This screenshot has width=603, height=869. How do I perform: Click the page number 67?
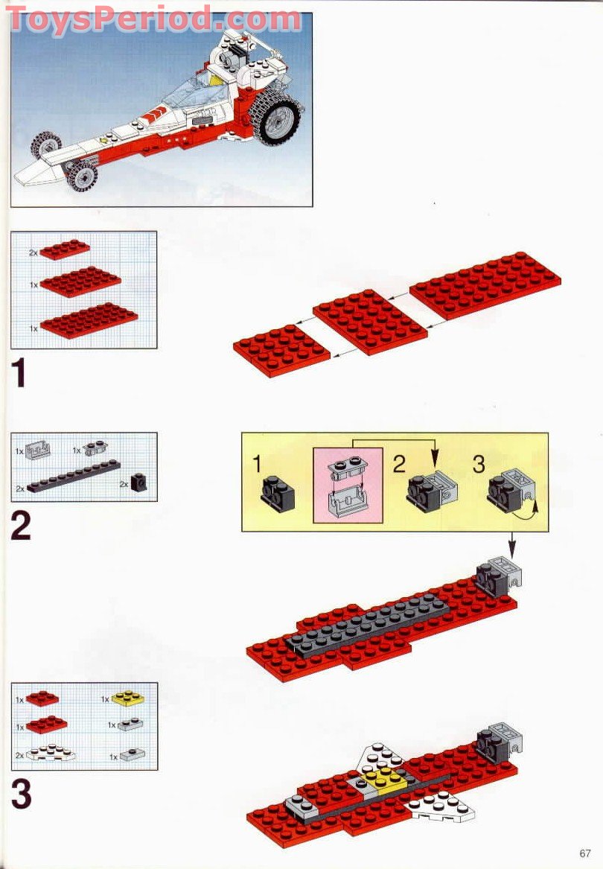tap(584, 853)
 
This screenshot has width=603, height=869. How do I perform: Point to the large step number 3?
tap(21, 795)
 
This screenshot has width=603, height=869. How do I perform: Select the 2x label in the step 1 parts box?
tap(33, 253)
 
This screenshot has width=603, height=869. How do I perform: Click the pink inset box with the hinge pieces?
tap(348, 484)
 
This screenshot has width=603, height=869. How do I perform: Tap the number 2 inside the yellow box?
tap(399, 465)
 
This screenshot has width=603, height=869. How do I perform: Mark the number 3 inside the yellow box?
tap(479, 465)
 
